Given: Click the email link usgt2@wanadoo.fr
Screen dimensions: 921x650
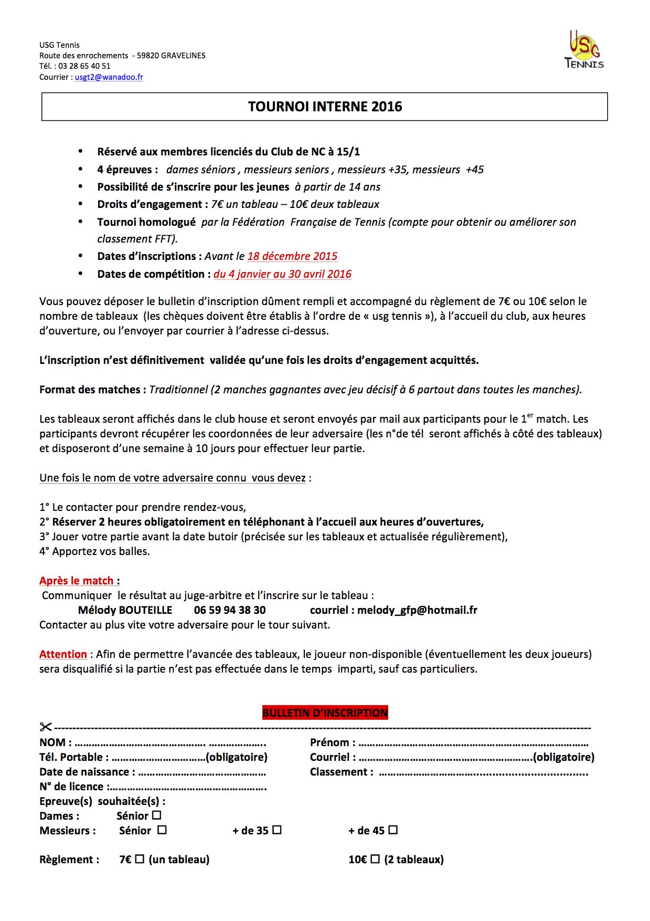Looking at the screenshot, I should coord(109,77).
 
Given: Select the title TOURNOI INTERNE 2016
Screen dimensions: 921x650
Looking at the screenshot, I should coord(325,107).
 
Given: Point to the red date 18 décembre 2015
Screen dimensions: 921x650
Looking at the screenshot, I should coord(292,256).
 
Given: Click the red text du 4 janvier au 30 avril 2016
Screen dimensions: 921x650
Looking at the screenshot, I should coord(282,274).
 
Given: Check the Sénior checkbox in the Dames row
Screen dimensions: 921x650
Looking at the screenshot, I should coord(157,815).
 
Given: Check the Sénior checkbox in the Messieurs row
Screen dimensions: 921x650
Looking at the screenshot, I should coord(162,830).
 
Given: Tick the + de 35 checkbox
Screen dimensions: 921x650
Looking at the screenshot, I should coord(277,830).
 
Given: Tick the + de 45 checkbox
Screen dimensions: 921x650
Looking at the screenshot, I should coord(393,830).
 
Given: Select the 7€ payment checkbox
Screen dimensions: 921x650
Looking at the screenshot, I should coord(140,859).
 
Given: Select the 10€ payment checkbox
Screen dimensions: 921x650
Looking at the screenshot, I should coord(375,859).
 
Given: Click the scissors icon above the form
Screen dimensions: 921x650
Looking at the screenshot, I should coord(46,727).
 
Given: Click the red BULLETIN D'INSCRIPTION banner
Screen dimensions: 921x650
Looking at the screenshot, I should coord(325,713).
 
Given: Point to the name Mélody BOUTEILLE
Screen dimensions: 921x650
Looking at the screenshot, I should coord(125,610).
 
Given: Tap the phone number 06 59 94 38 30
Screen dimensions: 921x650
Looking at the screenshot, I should coord(230,610).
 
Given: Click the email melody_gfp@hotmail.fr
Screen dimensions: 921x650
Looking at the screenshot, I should coord(417,610).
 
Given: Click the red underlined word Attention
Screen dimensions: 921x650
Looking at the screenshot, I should coord(63,654).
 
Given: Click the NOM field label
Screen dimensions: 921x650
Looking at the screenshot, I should coord(53,742).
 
